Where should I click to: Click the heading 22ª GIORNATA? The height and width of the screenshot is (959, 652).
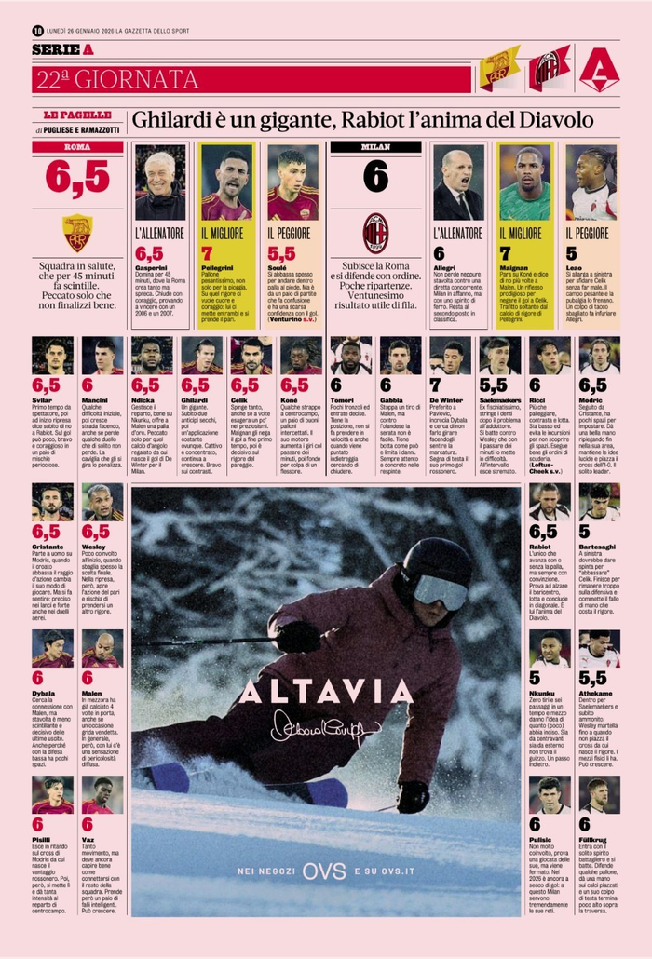(x=117, y=78)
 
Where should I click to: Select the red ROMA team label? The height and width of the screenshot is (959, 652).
(x=77, y=146)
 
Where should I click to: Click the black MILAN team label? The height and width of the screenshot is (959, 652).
(x=375, y=146)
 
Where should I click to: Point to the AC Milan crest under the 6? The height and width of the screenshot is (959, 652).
(x=375, y=233)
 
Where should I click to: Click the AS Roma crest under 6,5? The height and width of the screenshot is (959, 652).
(x=77, y=233)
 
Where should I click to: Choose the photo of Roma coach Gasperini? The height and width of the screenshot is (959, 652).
(x=160, y=182)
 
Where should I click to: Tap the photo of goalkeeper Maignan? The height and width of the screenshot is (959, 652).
(x=524, y=182)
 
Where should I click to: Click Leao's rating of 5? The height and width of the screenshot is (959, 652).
(x=571, y=253)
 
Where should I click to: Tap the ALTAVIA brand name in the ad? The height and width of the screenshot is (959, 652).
(x=325, y=691)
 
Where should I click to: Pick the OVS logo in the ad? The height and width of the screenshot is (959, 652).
(x=325, y=871)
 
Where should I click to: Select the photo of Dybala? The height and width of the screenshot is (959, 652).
(x=52, y=648)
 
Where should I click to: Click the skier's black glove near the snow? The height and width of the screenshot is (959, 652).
(x=413, y=796)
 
